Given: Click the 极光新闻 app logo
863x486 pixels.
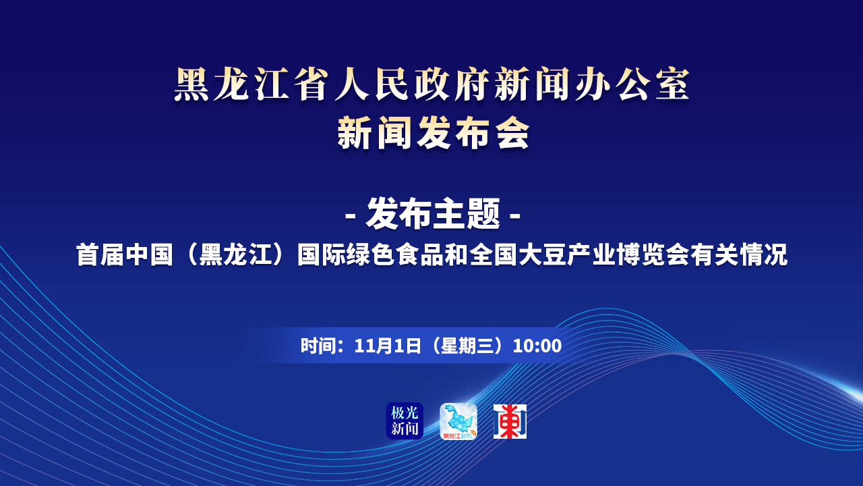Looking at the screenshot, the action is pyautogui.click(x=405, y=421).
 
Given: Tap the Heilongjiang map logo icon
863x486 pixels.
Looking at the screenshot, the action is pyautogui.click(x=458, y=421).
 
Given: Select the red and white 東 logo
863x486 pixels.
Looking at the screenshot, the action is pyautogui.click(x=510, y=421).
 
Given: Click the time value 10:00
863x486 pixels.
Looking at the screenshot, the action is pyautogui.click(x=537, y=346).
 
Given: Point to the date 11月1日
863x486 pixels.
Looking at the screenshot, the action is pyautogui.click(x=387, y=346).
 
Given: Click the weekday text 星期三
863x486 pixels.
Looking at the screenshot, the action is pyautogui.click(x=467, y=346).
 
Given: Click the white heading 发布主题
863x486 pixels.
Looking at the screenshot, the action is pyautogui.click(x=433, y=214).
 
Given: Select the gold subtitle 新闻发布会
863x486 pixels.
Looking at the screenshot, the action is pyautogui.click(x=434, y=133).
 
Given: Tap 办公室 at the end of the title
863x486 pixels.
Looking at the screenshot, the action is pyautogui.click(x=632, y=85).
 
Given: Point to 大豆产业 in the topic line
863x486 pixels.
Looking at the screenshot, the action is pyautogui.click(x=566, y=255).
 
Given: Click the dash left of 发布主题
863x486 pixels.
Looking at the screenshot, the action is pyautogui.click(x=350, y=215).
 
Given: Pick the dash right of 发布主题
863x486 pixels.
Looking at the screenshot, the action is pyautogui.click(x=515, y=215).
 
